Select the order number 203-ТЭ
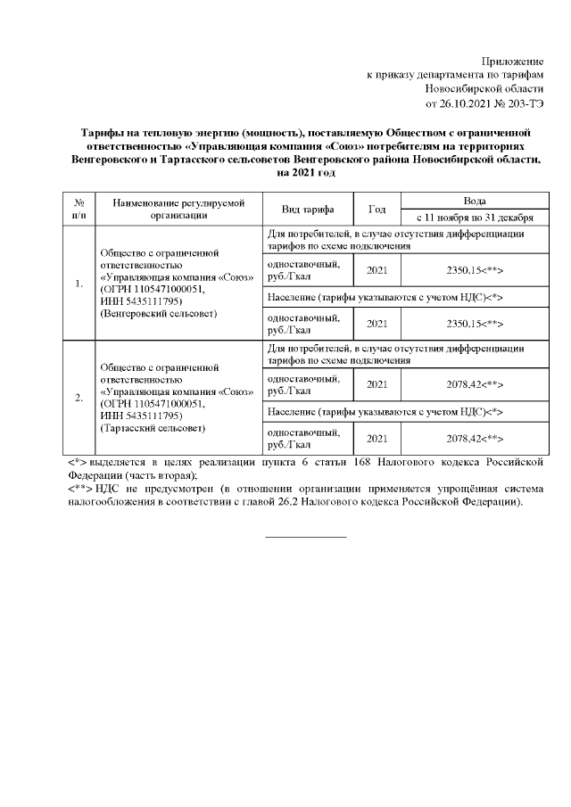tap(522, 103)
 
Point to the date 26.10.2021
tap(457, 103)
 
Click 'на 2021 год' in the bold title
tap(305, 171)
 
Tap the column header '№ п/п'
tap(79, 209)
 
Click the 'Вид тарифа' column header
tap(308, 209)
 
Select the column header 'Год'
tap(377, 209)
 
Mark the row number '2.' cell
tap(79, 398)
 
